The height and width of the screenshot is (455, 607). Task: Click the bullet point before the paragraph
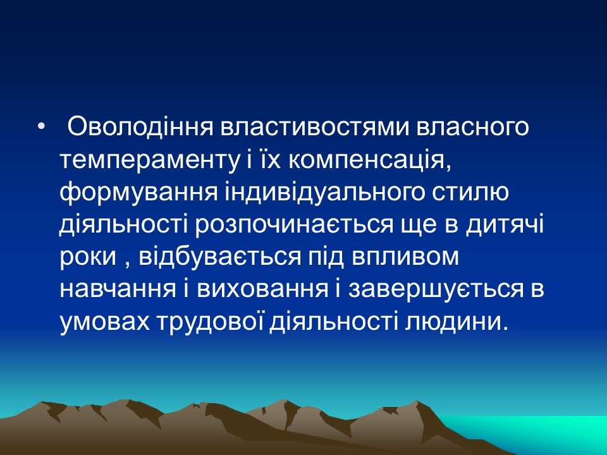42,128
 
